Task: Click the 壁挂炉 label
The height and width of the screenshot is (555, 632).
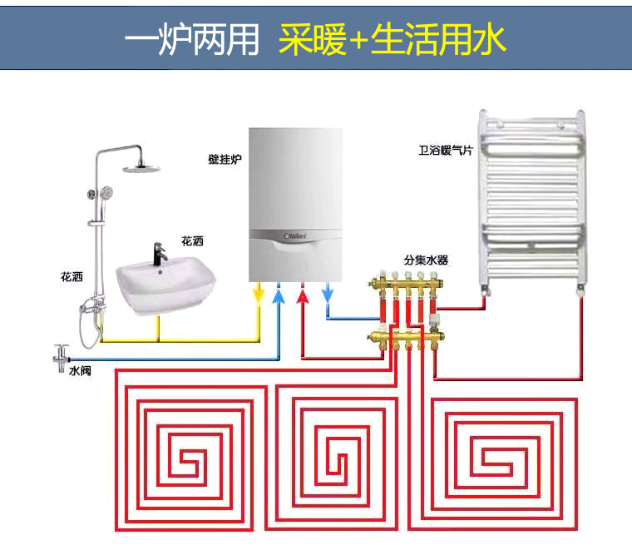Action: [x=224, y=157]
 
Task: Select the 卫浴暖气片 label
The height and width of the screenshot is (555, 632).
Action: [x=445, y=151]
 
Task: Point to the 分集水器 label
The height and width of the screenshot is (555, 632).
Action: [x=426, y=260]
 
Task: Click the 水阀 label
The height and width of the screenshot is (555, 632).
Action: [x=80, y=370]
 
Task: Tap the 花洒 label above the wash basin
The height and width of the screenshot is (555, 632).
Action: [x=192, y=241]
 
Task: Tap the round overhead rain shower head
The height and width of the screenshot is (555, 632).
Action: [x=139, y=169]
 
